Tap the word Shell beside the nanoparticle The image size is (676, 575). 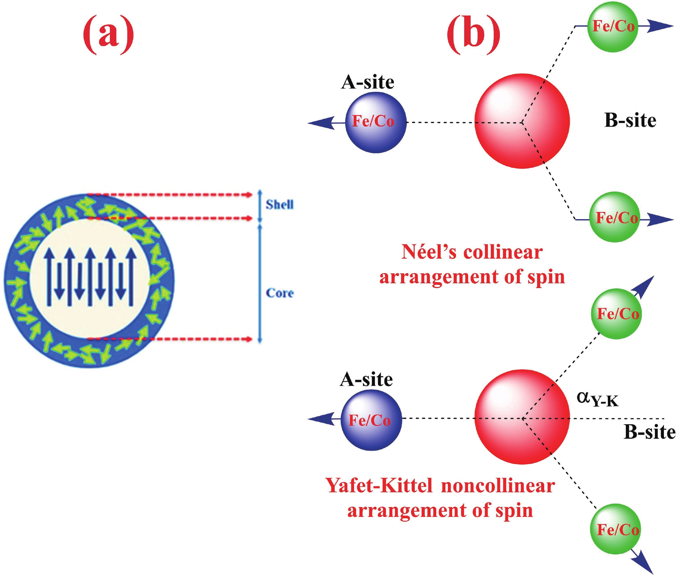tap(279, 205)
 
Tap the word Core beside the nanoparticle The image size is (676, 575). tap(280, 293)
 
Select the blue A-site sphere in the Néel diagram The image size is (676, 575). tap(376, 122)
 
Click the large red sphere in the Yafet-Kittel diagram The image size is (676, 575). tap(522, 417)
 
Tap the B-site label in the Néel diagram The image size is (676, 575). tap(630, 121)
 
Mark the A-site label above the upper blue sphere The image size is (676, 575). tap(367, 82)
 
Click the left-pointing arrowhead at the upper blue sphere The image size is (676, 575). tap(321, 122)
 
